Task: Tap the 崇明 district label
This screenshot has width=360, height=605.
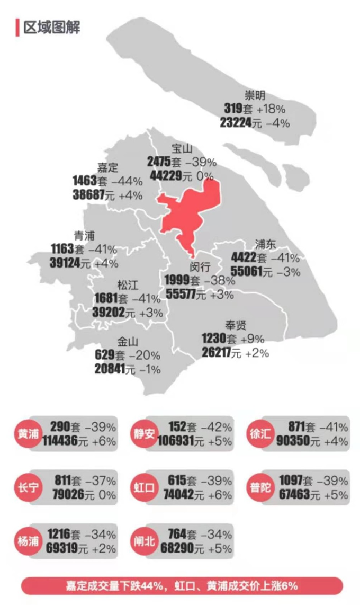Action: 255,96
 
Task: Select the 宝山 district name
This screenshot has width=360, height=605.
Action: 182,149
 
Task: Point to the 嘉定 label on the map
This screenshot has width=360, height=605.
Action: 108,168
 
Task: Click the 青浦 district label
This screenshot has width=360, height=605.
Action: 84,236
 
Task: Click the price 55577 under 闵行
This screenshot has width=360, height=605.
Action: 180,295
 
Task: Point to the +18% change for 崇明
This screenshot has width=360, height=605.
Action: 271,109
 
